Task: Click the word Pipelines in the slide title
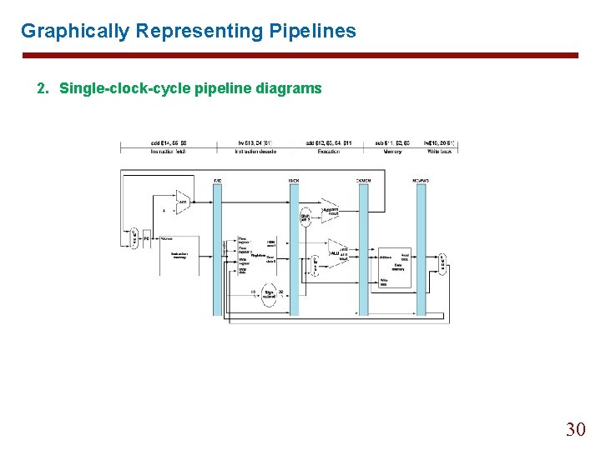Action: [313, 32]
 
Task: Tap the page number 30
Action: [576, 429]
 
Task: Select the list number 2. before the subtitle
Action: [43, 88]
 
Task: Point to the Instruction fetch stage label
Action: [167, 152]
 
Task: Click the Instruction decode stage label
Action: [255, 152]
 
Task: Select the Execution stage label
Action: [328, 152]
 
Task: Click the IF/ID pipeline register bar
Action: [218, 250]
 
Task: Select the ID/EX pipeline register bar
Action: [294, 250]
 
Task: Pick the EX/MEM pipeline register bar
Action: [363, 250]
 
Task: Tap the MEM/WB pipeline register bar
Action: [422, 250]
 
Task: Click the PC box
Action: [146, 238]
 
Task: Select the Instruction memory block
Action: [181, 255]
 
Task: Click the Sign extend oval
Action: [269, 294]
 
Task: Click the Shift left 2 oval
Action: [306, 218]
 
